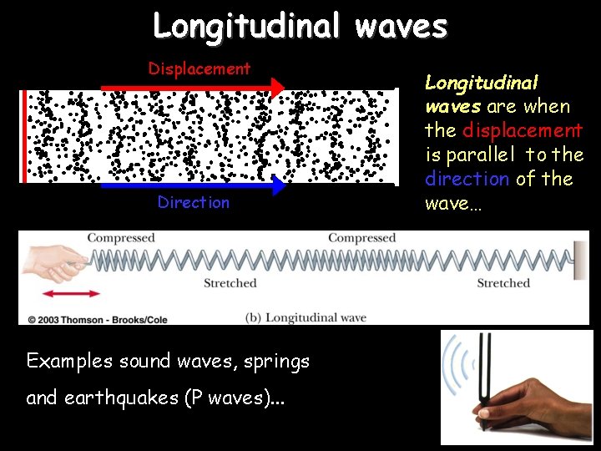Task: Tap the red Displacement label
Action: tap(199, 68)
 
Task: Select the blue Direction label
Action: tap(193, 202)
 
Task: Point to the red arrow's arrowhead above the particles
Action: tap(277, 87)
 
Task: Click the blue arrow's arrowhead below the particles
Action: tap(277, 185)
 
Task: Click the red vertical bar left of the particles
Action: tap(24, 135)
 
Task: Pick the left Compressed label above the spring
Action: tap(121, 238)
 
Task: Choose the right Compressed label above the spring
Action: tap(361, 238)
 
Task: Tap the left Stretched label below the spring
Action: tap(230, 283)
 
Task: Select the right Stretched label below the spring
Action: tap(503, 283)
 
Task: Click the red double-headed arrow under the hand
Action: tap(71, 293)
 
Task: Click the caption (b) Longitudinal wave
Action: tap(306, 317)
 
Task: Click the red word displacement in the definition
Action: tap(523, 130)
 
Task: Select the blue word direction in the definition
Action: tap(467, 179)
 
